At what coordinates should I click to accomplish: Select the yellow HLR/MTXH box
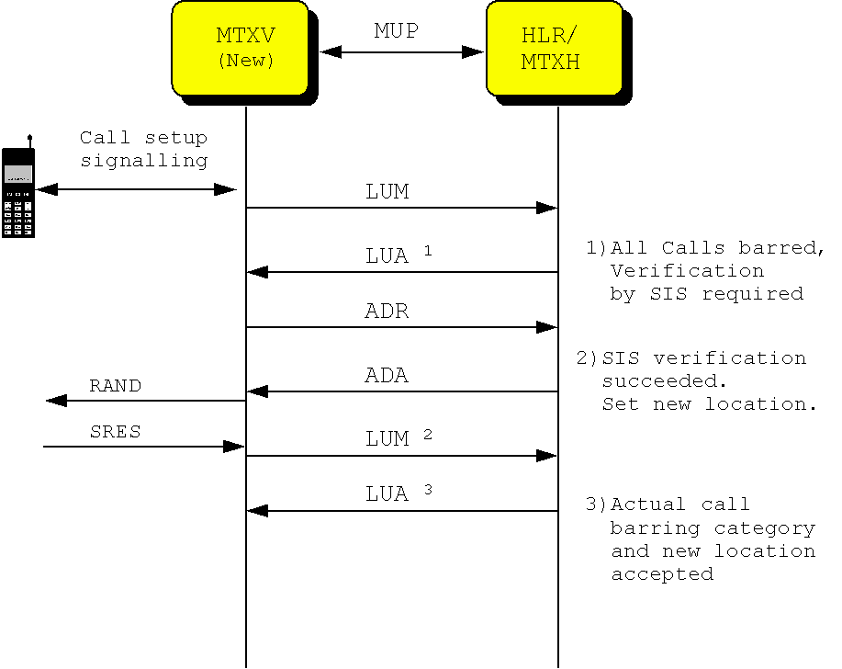(x=554, y=48)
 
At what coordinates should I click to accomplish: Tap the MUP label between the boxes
(x=396, y=31)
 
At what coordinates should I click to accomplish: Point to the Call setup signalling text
(x=143, y=149)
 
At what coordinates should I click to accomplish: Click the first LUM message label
(x=387, y=192)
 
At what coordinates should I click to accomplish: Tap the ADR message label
(x=387, y=312)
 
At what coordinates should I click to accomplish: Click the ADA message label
(x=387, y=376)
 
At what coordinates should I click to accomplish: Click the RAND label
(x=115, y=386)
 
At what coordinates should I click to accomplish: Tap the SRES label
(x=115, y=432)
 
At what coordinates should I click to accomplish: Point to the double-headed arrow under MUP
(x=401, y=52)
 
